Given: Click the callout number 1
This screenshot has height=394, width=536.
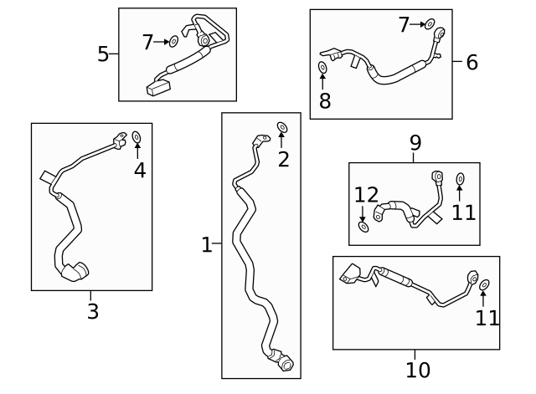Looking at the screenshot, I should [206, 245].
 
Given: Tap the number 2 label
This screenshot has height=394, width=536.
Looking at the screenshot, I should [283, 159].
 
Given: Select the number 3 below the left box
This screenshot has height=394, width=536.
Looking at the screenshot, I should [92, 312].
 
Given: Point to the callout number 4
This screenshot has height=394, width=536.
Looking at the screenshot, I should [139, 170].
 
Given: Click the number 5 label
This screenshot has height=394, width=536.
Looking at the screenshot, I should [103, 54].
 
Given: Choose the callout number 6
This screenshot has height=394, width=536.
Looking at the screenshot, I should [472, 62].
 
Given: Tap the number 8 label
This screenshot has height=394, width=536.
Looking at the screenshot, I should [324, 102].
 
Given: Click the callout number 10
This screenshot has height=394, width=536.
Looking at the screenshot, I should [418, 369].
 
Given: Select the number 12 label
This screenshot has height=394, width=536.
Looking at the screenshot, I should [366, 196].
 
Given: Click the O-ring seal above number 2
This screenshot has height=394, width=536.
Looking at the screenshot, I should [282, 127].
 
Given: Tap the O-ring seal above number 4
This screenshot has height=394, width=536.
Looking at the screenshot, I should [137, 136].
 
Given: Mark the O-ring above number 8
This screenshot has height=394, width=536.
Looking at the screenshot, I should [323, 66].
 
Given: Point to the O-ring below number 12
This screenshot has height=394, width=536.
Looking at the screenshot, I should [363, 226].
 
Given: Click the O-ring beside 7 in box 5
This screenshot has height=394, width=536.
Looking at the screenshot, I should [174, 40].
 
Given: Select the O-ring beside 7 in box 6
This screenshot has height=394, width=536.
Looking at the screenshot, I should [430, 24].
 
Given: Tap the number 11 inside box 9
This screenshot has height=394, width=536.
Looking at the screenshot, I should [463, 212].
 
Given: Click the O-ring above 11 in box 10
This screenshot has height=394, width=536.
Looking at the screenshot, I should [485, 284].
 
